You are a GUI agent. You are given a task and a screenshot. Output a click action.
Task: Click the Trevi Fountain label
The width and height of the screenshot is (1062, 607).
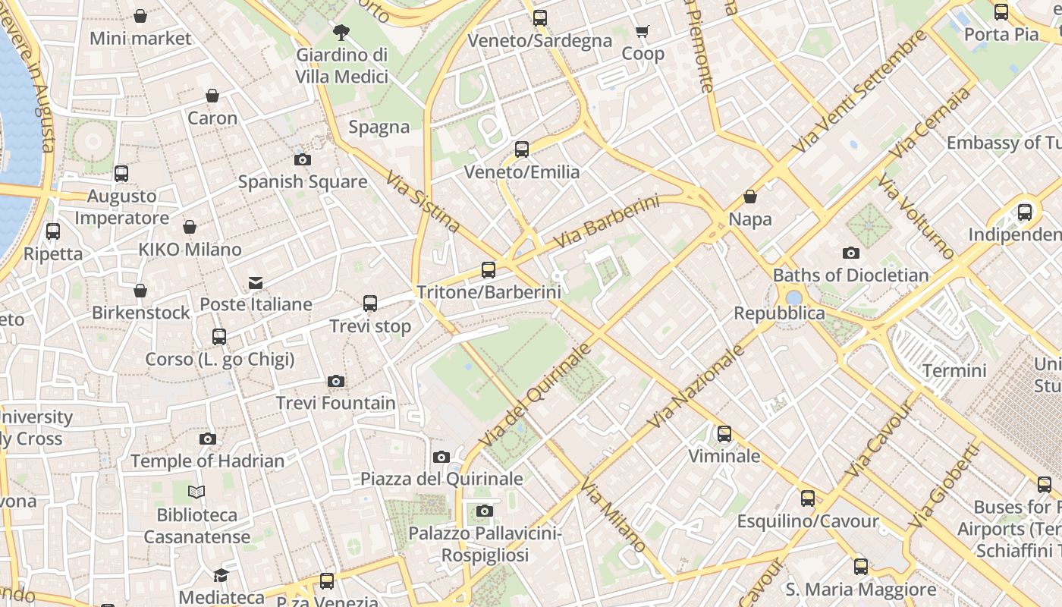click(x=335, y=403)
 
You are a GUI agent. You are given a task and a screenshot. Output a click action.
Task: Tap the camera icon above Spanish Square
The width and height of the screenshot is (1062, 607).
click(x=303, y=159)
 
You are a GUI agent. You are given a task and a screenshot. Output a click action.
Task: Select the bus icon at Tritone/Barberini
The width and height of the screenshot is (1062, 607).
click(x=489, y=269)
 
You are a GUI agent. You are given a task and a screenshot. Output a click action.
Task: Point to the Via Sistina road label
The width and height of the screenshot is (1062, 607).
click(x=423, y=201)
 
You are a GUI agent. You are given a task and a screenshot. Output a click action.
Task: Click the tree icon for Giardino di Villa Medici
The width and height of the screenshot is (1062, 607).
click(x=341, y=32)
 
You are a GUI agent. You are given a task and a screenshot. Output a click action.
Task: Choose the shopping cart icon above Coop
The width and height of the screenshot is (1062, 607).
click(x=643, y=31)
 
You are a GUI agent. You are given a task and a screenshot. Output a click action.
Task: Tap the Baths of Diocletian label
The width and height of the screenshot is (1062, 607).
click(x=850, y=275)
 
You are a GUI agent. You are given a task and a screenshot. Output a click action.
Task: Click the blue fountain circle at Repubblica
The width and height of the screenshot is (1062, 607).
click(x=794, y=298)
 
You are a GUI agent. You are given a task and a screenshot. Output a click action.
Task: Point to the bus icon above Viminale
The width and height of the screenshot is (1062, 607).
click(x=724, y=434)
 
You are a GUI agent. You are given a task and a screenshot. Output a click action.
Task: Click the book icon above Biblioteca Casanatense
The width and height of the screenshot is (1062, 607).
click(x=196, y=492)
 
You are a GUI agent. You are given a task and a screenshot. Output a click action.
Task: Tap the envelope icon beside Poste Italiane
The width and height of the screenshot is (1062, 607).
click(x=256, y=283)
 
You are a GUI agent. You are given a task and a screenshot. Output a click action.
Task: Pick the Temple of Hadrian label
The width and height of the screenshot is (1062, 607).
click(x=207, y=461)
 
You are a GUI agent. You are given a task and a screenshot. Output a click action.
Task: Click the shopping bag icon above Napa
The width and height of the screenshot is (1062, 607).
click(x=750, y=197)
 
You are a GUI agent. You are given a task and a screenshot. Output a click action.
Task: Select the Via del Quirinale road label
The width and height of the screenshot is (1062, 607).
click(x=535, y=395)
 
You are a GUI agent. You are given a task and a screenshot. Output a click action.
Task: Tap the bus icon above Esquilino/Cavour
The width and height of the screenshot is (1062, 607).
click(x=808, y=498)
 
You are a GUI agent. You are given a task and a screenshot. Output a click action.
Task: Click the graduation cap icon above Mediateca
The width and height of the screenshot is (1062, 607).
click(x=222, y=575)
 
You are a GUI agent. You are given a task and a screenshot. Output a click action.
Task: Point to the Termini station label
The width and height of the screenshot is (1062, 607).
click(x=954, y=371)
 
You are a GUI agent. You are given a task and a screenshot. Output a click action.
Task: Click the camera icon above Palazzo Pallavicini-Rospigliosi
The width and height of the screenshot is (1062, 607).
click(x=485, y=511)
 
